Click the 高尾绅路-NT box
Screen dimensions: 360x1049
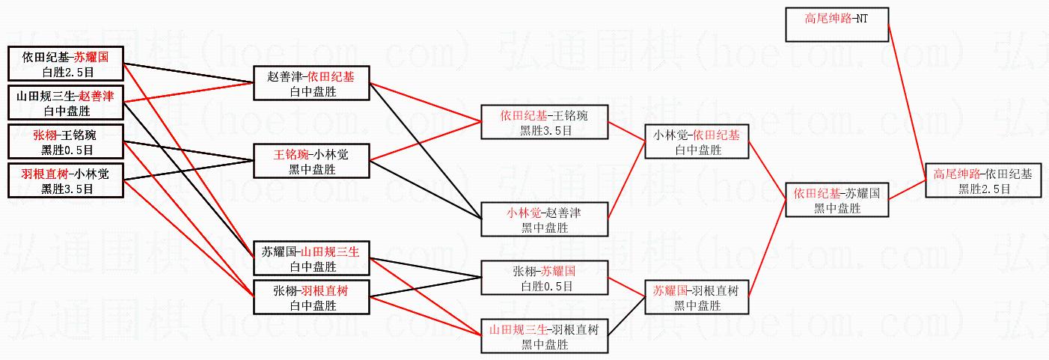(x=836, y=25)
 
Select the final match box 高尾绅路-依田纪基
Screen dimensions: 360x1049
(x=982, y=180)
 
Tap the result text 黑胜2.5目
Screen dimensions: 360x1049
(x=982, y=189)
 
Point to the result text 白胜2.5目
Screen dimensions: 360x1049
(x=66, y=73)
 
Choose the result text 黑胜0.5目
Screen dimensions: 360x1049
(x=66, y=150)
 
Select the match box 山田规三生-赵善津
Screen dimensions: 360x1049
(x=66, y=103)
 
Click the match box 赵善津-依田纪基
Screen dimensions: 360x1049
(x=311, y=83)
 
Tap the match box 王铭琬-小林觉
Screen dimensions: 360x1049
(x=311, y=161)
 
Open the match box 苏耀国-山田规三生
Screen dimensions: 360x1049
(x=311, y=258)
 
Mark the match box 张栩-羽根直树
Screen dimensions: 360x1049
(x=311, y=297)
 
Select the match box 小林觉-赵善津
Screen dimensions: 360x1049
(x=544, y=219)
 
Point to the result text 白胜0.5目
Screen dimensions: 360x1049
(x=544, y=286)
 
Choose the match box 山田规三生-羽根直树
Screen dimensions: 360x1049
(x=544, y=336)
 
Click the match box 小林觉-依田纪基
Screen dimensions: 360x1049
(x=697, y=141)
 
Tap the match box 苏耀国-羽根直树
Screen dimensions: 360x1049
(x=697, y=297)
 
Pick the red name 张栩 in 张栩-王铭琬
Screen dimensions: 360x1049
(x=43, y=135)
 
